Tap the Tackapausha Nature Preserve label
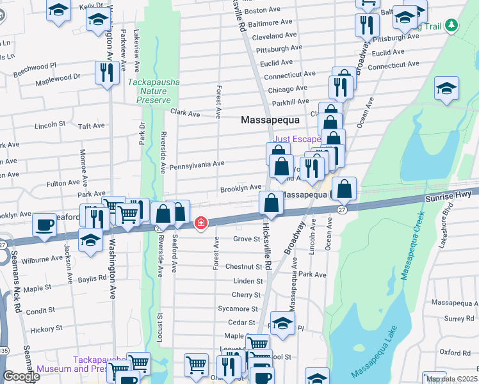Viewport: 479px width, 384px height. click(x=154, y=91)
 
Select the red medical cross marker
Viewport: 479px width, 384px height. click(x=201, y=223)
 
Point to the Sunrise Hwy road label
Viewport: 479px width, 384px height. click(x=449, y=200)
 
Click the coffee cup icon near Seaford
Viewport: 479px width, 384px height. click(x=44, y=225)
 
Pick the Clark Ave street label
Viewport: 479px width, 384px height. click(x=185, y=113)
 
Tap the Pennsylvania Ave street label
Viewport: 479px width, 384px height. click(x=196, y=164)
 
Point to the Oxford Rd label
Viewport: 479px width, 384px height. click(x=455, y=352)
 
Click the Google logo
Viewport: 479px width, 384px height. click(x=20, y=376)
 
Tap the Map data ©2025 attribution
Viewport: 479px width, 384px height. click(x=451, y=379)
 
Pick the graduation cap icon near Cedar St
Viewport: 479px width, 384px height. click(x=282, y=323)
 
